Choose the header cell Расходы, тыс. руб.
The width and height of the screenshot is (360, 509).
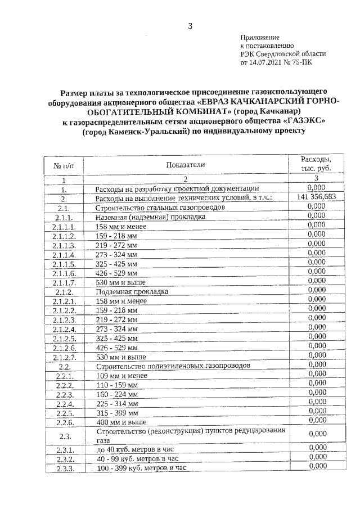click(x=315, y=164)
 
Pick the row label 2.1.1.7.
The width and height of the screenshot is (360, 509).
click(x=64, y=282)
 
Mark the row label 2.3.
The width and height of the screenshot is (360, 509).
click(x=64, y=436)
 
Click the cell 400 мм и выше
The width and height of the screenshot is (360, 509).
click(x=121, y=422)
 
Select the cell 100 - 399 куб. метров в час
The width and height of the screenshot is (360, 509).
click(x=141, y=467)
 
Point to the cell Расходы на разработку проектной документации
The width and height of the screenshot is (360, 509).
click(x=177, y=188)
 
